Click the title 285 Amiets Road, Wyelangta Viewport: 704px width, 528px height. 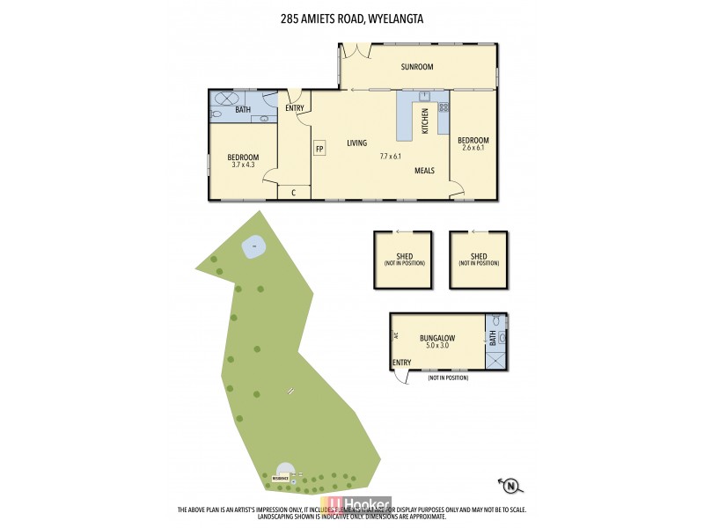[x=352, y=15]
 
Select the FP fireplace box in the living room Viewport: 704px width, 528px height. [x=320, y=149]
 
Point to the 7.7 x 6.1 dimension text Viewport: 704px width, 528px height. [x=391, y=156]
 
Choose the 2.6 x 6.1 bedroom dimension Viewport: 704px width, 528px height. [x=473, y=148]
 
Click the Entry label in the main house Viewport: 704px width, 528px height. [x=295, y=109]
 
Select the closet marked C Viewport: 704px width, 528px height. [x=293, y=192]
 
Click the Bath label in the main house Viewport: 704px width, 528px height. [x=242, y=110]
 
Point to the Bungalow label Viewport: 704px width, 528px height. [x=436, y=337]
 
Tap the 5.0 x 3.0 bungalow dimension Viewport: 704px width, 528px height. [x=436, y=346]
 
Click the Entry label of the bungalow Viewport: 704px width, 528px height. [x=401, y=363]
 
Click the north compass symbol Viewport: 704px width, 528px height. [x=509, y=484]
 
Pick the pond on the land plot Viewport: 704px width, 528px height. [x=254, y=247]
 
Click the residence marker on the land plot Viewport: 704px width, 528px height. [x=281, y=476]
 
